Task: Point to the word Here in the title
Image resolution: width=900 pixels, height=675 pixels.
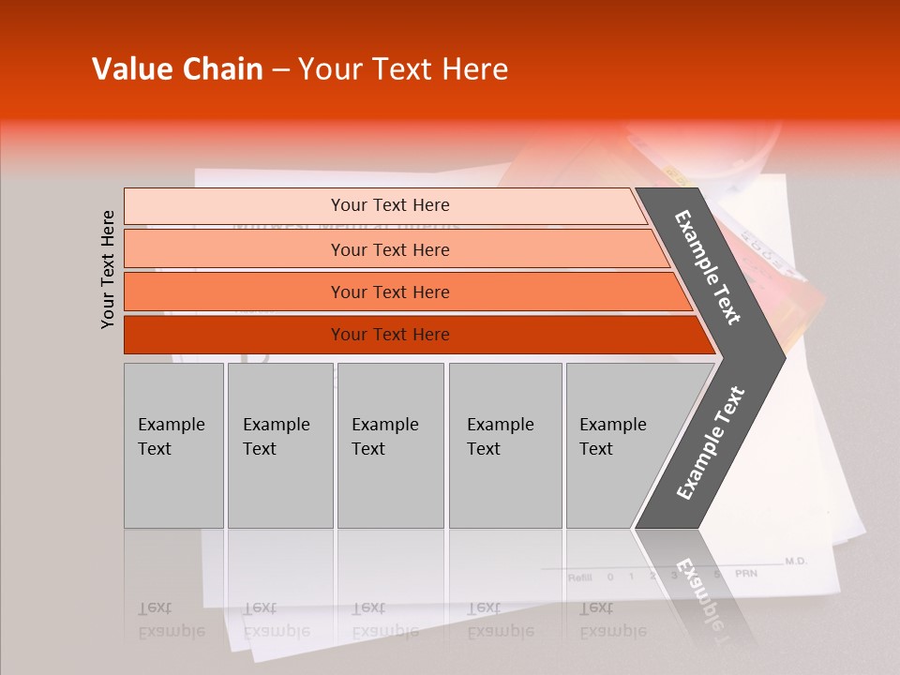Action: [x=473, y=69]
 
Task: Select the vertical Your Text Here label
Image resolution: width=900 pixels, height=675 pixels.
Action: [x=108, y=269]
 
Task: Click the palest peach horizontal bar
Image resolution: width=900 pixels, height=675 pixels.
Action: [x=384, y=205]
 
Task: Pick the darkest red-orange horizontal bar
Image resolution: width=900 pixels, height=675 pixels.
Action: [x=412, y=335]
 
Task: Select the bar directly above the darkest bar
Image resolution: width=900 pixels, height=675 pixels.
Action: [x=403, y=292]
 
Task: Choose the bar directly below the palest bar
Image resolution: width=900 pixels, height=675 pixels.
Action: [x=394, y=249]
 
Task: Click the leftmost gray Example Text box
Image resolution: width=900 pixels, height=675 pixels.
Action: [x=173, y=445]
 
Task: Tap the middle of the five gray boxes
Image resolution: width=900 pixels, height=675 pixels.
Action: [x=390, y=445]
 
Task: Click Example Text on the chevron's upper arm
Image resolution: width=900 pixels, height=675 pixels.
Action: [x=708, y=267]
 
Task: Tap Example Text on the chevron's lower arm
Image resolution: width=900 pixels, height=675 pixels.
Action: [x=711, y=442]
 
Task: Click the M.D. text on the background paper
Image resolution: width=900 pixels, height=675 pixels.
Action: [x=795, y=561]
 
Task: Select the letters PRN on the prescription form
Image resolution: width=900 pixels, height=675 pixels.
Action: [x=746, y=574]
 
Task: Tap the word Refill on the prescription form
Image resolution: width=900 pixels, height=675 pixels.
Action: [x=579, y=577]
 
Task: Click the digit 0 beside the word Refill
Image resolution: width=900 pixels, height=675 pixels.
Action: [x=610, y=577]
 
